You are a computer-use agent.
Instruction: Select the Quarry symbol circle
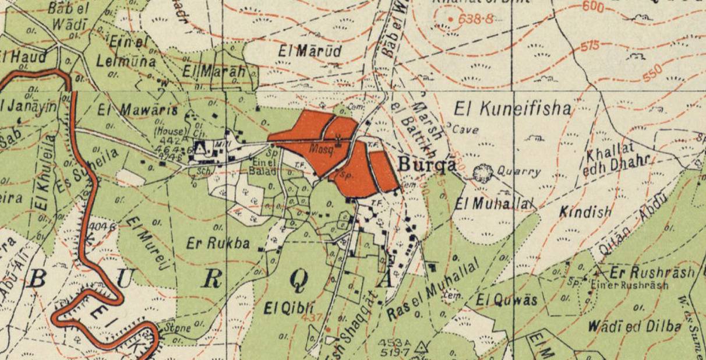(x=482, y=173)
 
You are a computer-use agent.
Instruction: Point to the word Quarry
(x=519, y=172)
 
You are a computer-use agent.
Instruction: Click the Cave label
(x=465, y=129)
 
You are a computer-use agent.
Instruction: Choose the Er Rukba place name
(x=218, y=243)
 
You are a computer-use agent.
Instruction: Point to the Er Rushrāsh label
(x=652, y=272)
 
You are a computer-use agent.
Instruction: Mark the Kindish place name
(x=585, y=211)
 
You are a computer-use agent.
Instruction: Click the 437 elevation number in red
(x=311, y=318)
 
